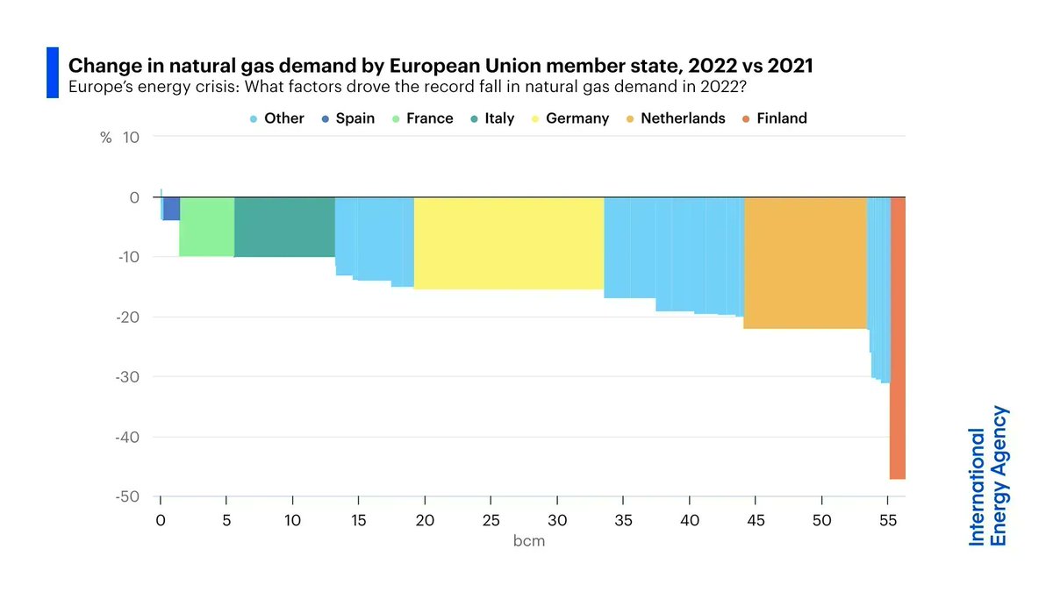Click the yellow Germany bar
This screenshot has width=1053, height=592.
point(509,243)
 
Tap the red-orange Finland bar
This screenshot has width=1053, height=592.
point(898,338)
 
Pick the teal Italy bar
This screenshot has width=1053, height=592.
point(284,227)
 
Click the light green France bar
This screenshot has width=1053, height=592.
point(207,227)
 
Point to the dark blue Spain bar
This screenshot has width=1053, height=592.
point(171,209)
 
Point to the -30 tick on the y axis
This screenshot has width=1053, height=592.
point(128,377)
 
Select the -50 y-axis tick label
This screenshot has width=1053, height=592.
point(128,496)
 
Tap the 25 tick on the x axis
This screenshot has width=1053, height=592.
point(491,520)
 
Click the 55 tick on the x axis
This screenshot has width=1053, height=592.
point(887,520)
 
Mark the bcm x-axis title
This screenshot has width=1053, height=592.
point(528,541)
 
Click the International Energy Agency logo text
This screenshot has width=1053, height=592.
point(988,475)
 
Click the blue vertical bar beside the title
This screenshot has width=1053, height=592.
point(52,73)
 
